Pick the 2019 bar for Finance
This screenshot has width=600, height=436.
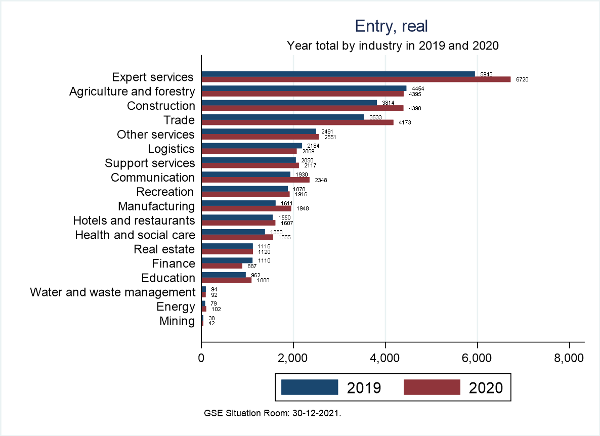227,260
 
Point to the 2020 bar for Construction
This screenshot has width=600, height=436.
303,108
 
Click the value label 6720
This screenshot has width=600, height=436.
522,79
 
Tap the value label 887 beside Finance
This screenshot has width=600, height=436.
252,266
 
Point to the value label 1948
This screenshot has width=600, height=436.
303,208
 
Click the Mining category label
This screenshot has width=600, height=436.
177,321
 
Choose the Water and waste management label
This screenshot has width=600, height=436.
112,292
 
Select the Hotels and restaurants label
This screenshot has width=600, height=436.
134,221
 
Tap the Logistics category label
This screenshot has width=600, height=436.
171,149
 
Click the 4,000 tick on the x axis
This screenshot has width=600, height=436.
385,358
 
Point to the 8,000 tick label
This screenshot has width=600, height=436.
569,358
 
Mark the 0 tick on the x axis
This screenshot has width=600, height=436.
201,358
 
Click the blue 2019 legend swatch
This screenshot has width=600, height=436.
309,387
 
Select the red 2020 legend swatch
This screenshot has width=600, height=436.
432,387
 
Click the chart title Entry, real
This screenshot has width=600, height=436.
392,26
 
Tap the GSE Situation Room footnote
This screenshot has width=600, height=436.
273,413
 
